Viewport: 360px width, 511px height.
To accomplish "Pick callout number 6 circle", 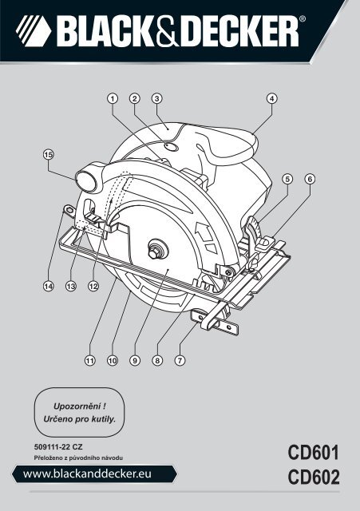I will coord(309,178).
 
